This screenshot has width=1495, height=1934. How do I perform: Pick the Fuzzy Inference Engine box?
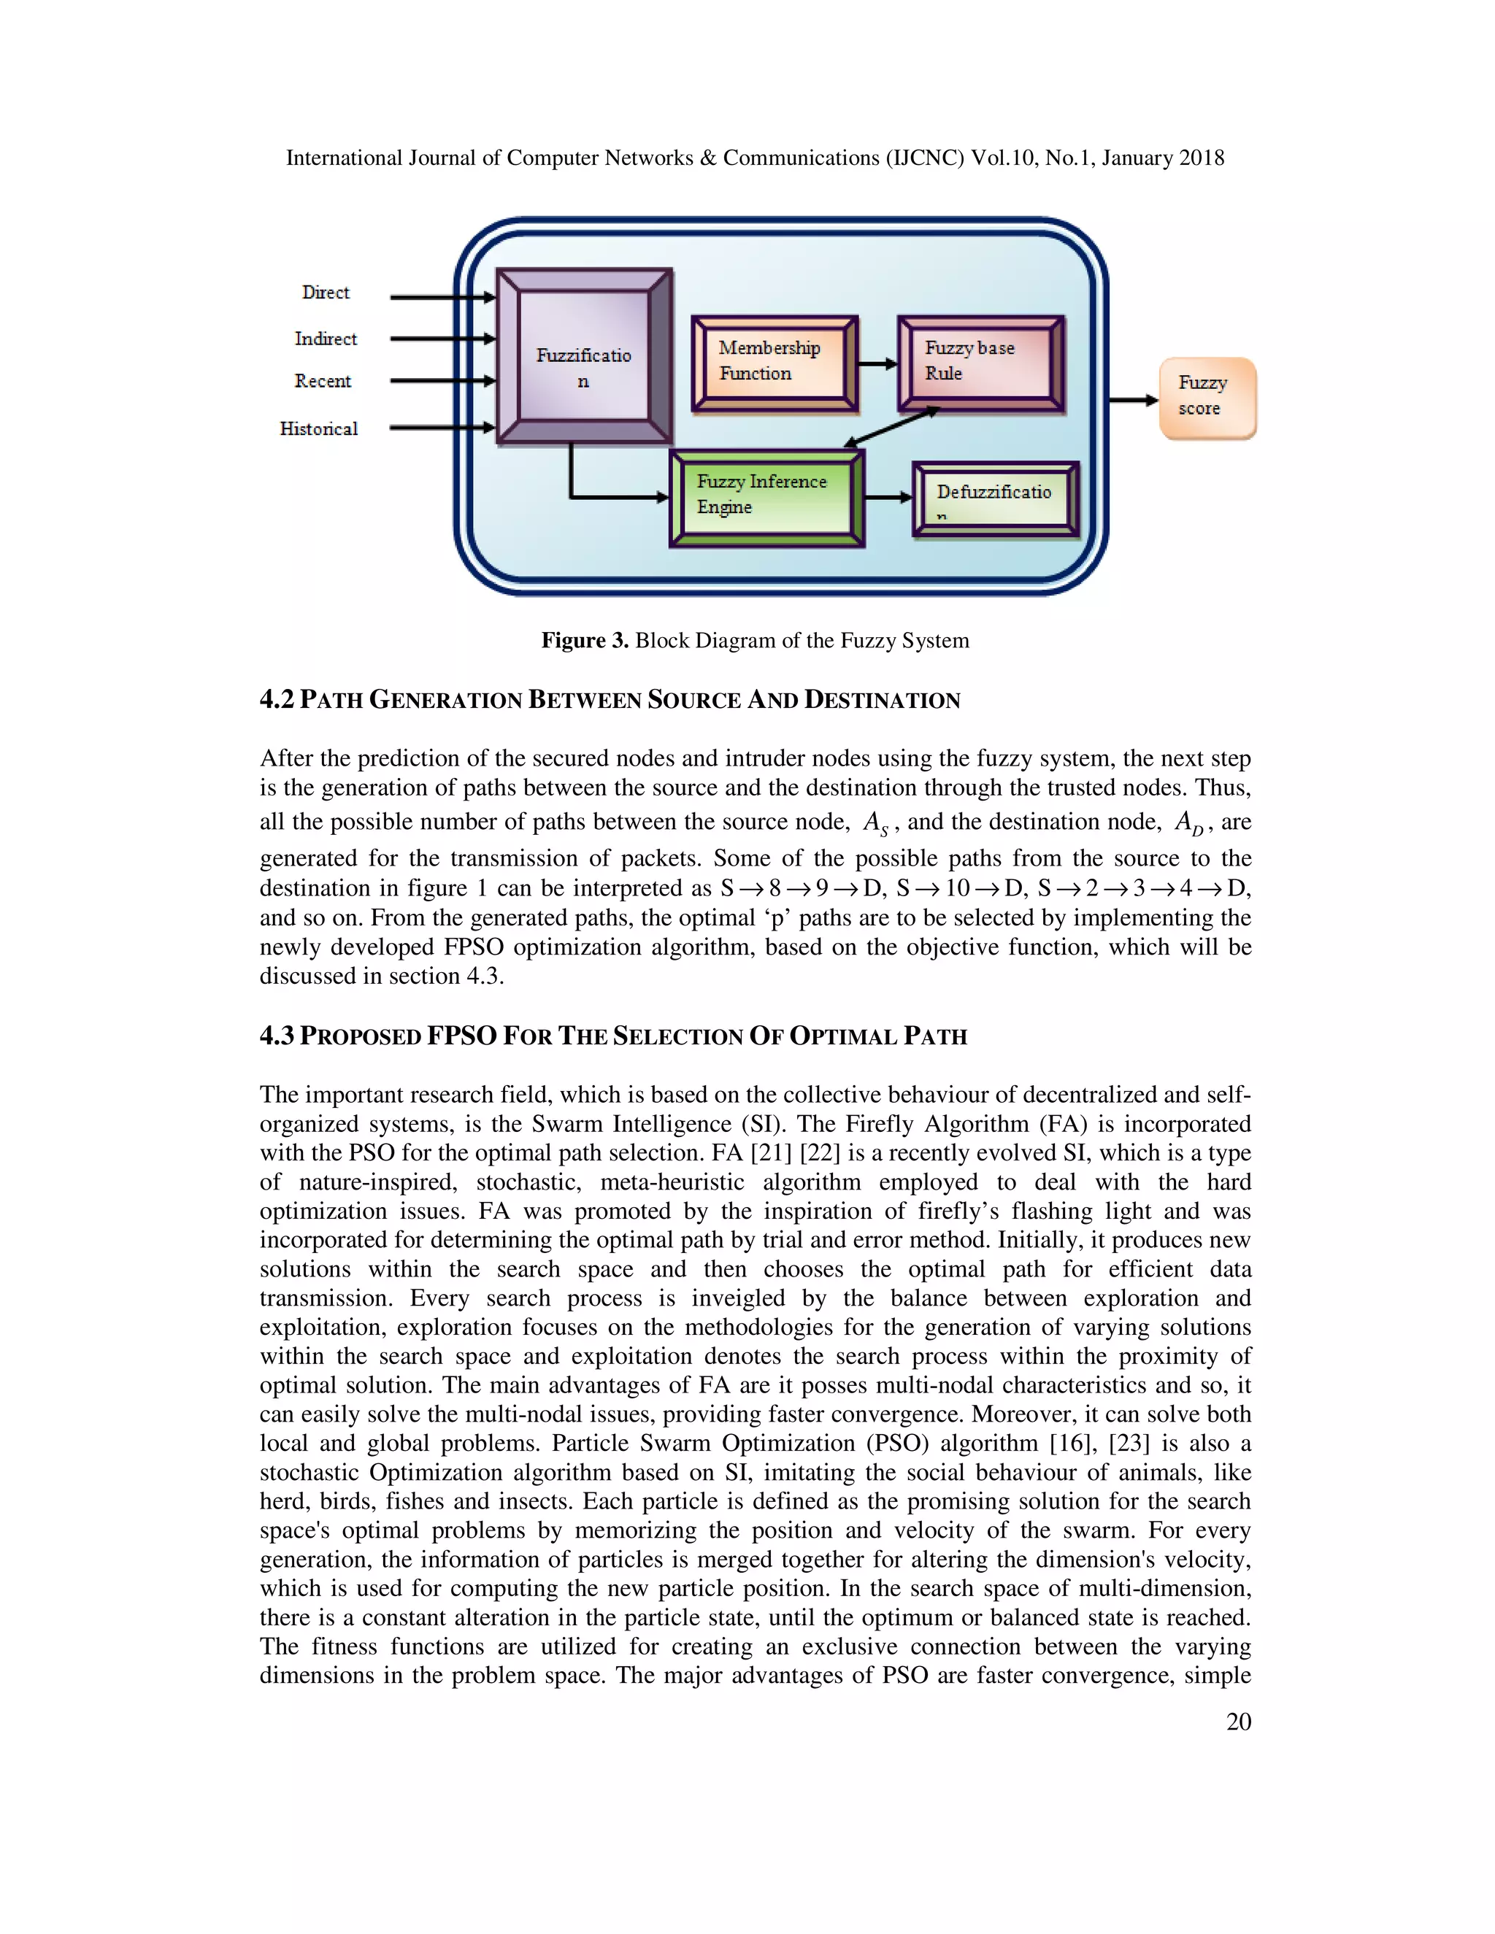(766, 498)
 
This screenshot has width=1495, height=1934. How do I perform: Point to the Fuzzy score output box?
(1207, 398)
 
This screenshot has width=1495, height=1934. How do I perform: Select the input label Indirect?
(325, 339)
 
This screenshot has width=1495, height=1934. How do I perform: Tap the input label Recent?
(323, 382)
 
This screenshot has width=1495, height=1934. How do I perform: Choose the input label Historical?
(319, 429)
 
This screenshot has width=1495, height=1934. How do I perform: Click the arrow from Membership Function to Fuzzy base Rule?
(877, 363)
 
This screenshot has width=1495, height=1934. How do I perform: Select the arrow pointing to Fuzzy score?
(1133, 400)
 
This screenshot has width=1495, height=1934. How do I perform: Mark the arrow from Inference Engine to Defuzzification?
(888, 498)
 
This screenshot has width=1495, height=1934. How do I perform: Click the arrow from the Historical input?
(441, 428)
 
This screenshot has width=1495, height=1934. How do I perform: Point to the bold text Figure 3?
(585, 640)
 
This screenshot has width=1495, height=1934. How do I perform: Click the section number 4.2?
(277, 700)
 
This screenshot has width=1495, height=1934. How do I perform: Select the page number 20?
(1238, 1722)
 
